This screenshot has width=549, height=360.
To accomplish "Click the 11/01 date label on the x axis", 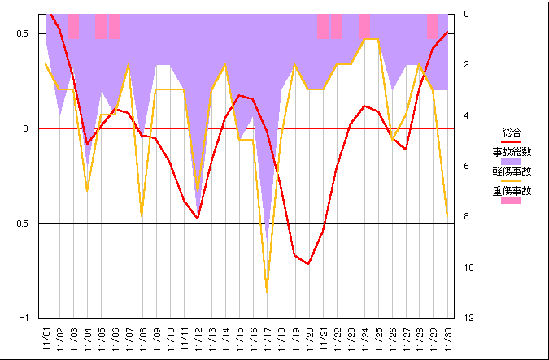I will pos(46,339).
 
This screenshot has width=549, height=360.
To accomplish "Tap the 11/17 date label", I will pos(267,339).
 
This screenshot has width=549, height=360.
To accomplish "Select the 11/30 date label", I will pos(447,339).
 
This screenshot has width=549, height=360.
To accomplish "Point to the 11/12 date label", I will pos(198,339).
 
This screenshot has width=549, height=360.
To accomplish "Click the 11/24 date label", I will pos(364,339).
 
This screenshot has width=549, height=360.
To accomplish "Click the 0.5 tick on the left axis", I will pos(22,33).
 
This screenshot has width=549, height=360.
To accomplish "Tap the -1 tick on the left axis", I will pos(26,319).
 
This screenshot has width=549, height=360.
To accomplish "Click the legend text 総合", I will pos(512,132).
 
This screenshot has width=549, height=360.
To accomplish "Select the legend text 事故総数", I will pos(512,151).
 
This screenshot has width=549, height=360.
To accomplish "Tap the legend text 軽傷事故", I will pos(512,171).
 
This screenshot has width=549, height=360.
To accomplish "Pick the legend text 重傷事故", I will pos(512,192).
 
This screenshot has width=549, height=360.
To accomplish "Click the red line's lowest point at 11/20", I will pos(308,264).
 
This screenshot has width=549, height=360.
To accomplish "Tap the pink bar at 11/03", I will pos(74,26).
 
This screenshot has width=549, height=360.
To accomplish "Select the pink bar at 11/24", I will pos(364,26).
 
